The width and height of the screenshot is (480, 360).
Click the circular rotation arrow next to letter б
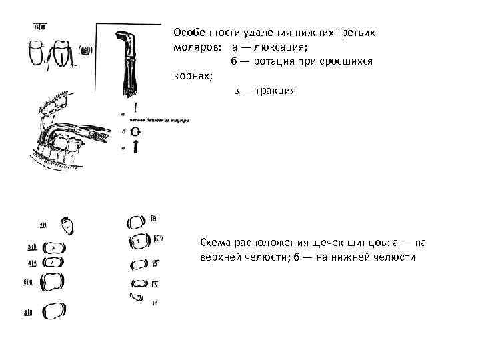click(135, 132)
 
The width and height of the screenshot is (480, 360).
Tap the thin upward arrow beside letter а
click(135, 107)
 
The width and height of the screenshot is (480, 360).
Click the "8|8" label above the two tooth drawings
click(39, 27)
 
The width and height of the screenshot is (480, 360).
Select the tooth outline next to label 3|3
click(53, 247)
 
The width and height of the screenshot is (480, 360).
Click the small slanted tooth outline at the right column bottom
click(137, 297)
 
